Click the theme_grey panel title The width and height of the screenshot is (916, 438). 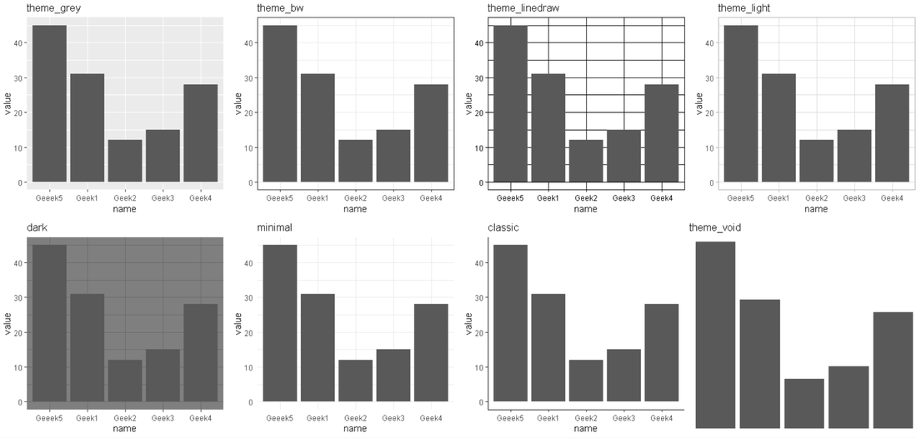pos(53,8)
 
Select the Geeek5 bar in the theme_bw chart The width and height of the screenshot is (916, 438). pos(280,103)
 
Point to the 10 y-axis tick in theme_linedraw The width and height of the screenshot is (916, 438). pos(478,147)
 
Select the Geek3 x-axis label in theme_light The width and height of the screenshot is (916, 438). pos(853,198)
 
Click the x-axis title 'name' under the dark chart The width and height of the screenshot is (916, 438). pos(124,429)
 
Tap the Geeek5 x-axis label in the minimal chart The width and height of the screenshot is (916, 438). pos(280,418)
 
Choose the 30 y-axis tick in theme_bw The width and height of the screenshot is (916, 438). pos(248,77)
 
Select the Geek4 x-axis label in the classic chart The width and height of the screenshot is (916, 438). pos(661,418)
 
